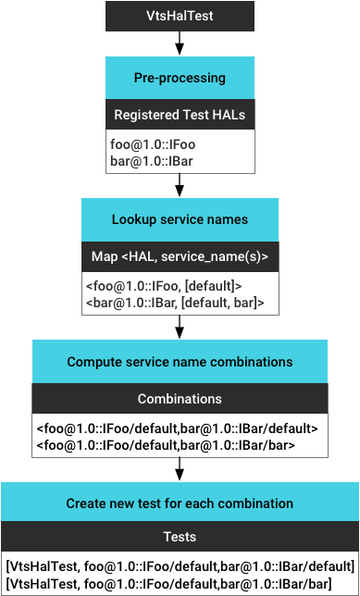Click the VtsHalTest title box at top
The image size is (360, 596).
pos(180,16)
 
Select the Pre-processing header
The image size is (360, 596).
pos(180,78)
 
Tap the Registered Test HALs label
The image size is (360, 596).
pos(180,115)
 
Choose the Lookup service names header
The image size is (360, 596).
pos(180,219)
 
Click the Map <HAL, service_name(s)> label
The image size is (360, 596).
pos(180,256)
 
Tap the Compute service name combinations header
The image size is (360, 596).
pos(180,362)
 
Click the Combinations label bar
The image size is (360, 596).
pos(180,399)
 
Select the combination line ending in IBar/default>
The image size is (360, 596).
pos(178,428)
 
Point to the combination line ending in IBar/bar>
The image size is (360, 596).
pos(166,444)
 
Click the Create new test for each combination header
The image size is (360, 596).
pos(180,503)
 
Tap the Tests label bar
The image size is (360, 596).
pos(180,536)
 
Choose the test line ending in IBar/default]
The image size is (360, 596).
pos(180,566)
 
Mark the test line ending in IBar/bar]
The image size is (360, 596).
pos(168,583)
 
